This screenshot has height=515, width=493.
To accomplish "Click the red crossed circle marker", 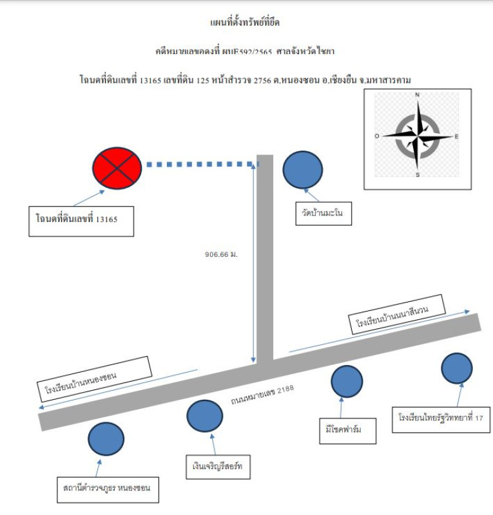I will [117, 165].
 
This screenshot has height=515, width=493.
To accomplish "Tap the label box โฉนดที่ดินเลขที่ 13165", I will [81, 221].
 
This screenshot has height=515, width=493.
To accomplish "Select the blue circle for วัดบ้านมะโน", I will [302, 169].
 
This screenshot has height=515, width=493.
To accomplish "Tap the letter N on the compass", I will [418, 95].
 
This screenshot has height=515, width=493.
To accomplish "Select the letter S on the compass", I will [418, 174].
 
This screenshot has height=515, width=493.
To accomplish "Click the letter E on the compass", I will [456, 136].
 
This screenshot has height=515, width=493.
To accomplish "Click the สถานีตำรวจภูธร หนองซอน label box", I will [107, 488].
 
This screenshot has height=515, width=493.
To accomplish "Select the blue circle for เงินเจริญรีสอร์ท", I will [205, 416].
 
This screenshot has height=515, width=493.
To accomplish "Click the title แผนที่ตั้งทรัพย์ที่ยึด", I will [246, 23].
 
